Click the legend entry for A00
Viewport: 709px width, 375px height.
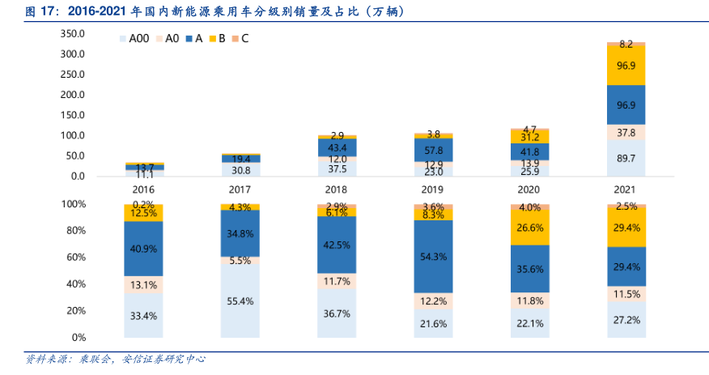pyautogui.click(x=134, y=38)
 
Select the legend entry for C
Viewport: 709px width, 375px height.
pyautogui.click(x=240, y=38)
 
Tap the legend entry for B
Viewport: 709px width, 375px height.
pyautogui.click(x=217, y=38)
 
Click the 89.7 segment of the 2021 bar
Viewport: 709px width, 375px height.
pyautogui.click(x=626, y=158)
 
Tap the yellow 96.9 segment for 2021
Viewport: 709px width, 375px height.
pyautogui.click(x=626, y=66)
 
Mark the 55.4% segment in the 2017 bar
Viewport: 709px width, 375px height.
pyautogui.click(x=240, y=300)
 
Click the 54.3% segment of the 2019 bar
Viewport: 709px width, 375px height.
pyautogui.click(x=434, y=256)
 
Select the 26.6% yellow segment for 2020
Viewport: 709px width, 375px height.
pyautogui.click(x=530, y=228)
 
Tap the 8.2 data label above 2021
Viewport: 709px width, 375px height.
pyautogui.click(x=626, y=44)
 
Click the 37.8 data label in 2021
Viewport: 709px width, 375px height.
pyautogui.click(x=626, y=133)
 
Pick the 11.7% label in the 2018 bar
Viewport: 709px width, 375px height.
pyautogui.click(x=338, y=281)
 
